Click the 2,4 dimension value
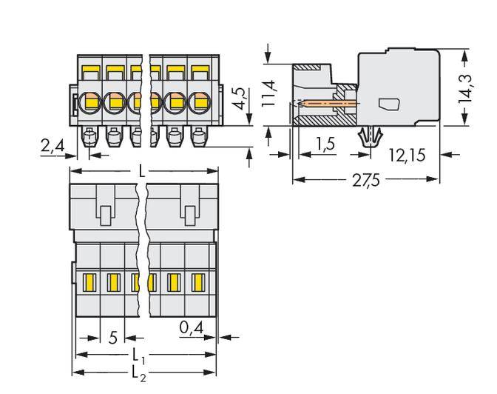tap(53, 147)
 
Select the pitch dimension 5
tap(112, 338)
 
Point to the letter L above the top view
tap(143, 171)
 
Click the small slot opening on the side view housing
tap(386, 104)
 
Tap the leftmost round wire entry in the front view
tap(92, 101)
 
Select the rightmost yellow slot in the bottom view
tap(197, 281)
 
